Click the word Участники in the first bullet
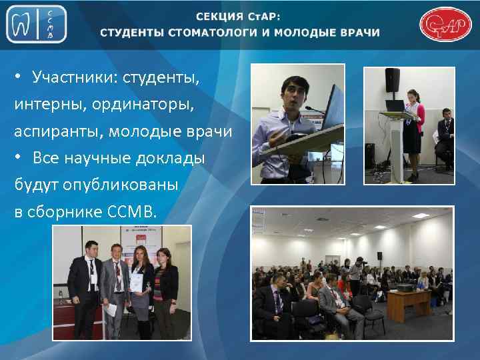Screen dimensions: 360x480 click(70, 79)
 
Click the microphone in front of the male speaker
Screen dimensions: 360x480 click(309, 107)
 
